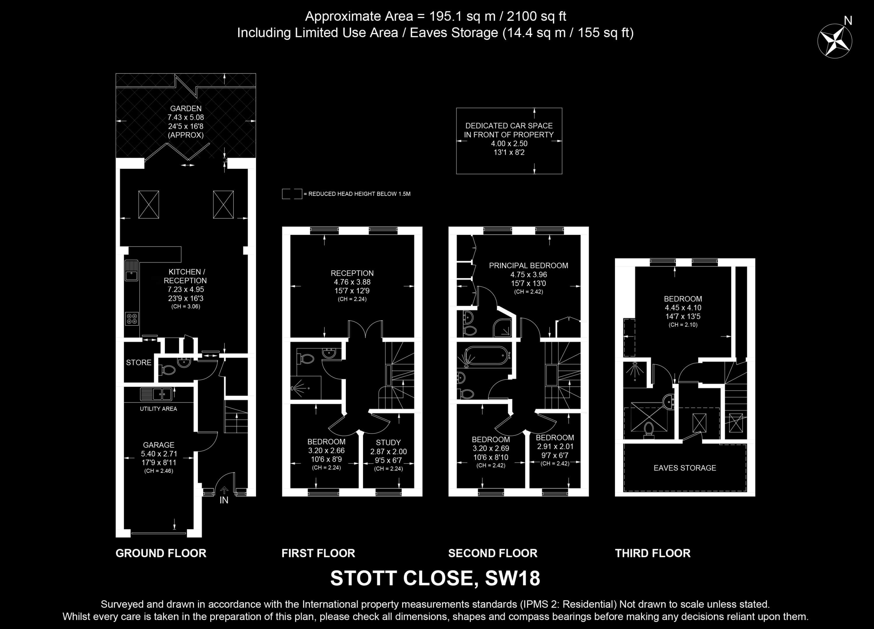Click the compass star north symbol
(835, 41)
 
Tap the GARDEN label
(186, 108)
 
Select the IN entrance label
(224, 500)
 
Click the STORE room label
(139, 363)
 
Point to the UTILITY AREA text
(158, 409)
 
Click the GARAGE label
(158, 445)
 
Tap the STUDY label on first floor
(388, 443)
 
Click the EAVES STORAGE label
(685, 468)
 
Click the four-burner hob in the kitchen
(132, 319)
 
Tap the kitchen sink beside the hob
(131, 270)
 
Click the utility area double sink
(156, 394)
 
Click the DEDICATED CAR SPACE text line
(509, 126)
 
